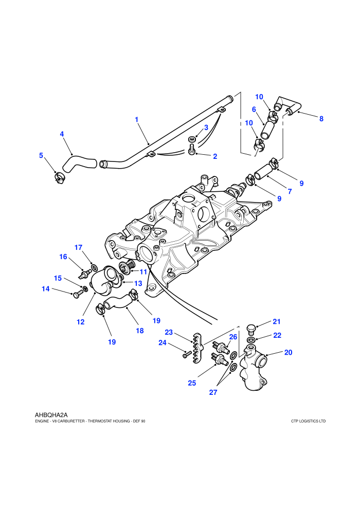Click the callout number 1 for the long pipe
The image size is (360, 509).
click(x=137, y=119)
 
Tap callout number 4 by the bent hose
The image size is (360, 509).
click(x=62, y=134)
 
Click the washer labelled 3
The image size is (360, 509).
click(x=191, y=139)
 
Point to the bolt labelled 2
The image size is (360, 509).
click(x=191, y=150)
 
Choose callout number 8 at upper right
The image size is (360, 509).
click(x=321, y=118)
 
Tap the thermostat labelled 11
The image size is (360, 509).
click(x=126, y=267)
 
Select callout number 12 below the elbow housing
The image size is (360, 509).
click(x=81, y=322)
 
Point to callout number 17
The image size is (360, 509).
click(x=79, y=247)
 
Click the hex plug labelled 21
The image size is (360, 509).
click(x=251, y=329)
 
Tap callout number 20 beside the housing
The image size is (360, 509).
click(x=289, y=352)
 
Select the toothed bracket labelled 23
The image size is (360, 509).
click(x=197, y=348)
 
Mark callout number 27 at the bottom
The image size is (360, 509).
click(x=213, y=392)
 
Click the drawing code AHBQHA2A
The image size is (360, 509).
click(x=51, y=415)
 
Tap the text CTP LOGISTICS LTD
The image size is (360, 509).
click(x=309, y=421)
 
